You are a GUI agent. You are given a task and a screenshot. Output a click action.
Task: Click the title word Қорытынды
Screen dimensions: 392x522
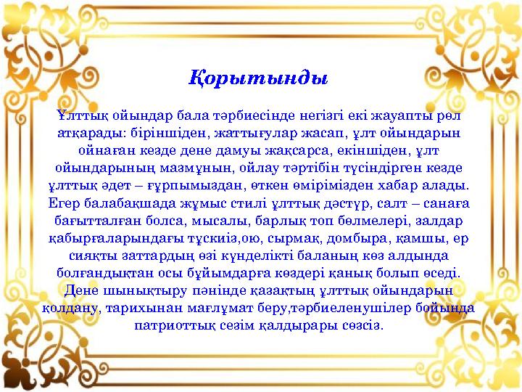(x=259, y=76)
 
